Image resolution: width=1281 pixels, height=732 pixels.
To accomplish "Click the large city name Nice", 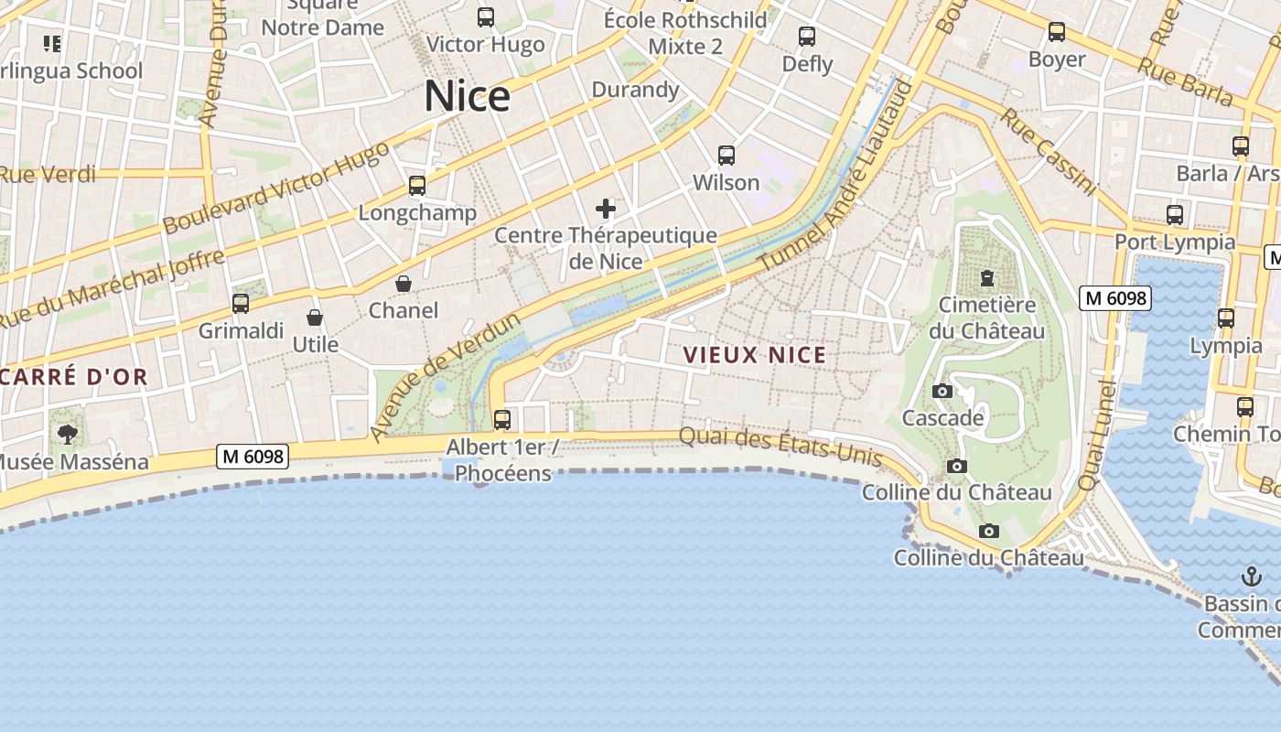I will click(x=467, y=96).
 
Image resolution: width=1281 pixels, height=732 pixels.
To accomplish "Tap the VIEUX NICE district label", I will click(x=754, y=355).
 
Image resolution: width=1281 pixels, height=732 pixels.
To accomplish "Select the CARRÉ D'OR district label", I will click(x=73, y=377).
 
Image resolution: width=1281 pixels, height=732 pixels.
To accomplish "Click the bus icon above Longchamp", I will click(x=417, y=187).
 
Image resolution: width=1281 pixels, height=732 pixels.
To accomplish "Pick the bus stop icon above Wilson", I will click(x=727, y=156).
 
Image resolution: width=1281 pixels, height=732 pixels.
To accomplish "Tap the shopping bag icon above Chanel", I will click(x=404, y=285).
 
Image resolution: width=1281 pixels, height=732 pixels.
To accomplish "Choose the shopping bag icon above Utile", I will click(x=315, y=318).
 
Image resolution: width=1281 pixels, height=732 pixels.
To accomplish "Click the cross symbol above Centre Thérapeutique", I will click(x=606, y=209).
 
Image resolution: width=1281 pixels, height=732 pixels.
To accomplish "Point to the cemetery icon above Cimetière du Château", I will click(x=987, y=277).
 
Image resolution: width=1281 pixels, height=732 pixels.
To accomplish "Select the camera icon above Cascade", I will click(x=942, y=392).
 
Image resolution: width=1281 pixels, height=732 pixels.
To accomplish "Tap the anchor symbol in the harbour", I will click(x=1251, y=576).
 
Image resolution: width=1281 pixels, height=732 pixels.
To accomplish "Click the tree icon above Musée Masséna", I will click(x=68, y=434).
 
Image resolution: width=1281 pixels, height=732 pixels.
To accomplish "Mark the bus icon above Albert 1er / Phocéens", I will click(x=502, y=420).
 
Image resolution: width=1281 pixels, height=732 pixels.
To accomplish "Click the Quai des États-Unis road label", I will click(x=780, y=447).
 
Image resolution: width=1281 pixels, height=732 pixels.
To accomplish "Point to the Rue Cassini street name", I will click(x=1048, y=152).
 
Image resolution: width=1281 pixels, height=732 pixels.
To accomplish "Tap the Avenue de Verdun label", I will click(x=445, y=377).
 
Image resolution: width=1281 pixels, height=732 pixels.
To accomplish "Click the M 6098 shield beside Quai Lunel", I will click(x=1114, y=298).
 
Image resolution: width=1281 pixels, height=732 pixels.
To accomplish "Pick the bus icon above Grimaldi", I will click(x=241, y=304).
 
